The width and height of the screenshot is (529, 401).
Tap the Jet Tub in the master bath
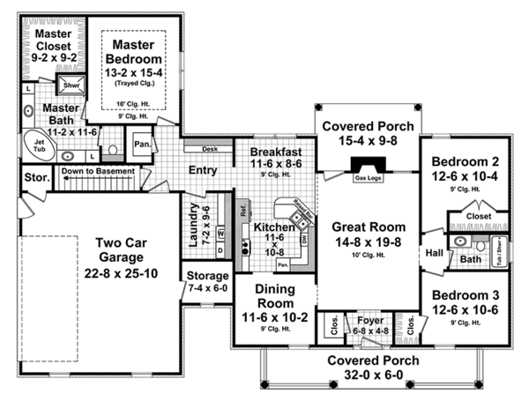pos(39,145)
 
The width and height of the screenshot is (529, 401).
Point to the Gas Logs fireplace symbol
pos(365,167)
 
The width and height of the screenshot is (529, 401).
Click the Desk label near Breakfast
pos(210,149)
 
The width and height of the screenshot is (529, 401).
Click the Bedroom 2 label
pos(466,162)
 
